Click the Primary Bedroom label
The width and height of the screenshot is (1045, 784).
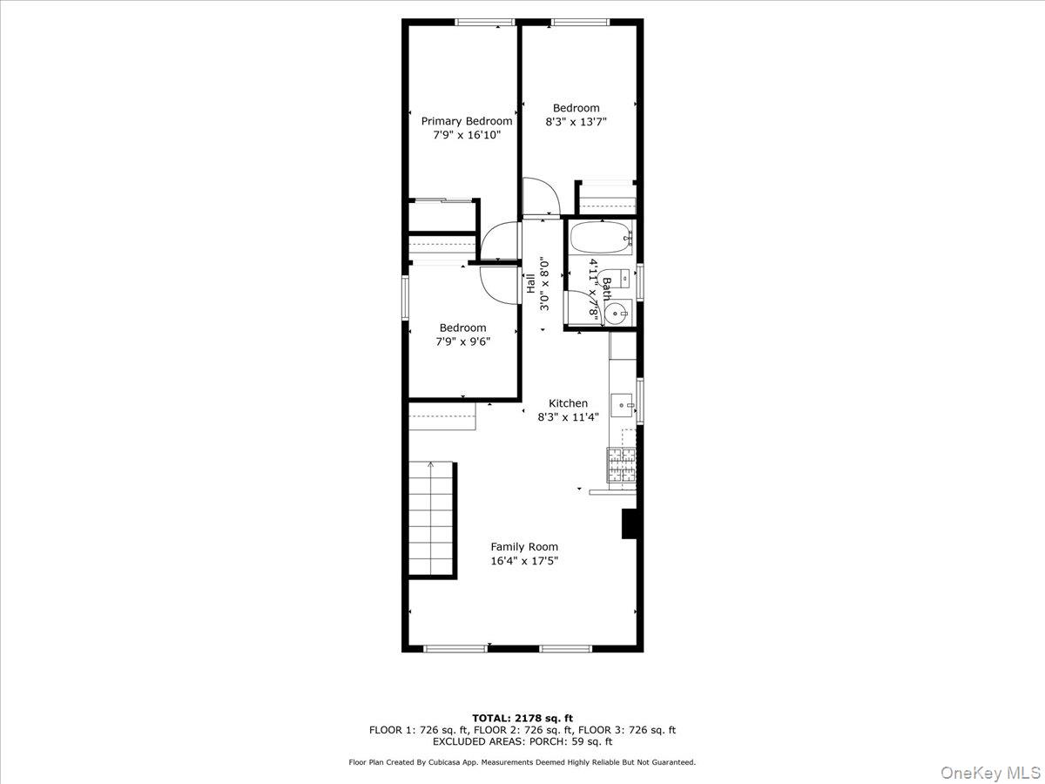click(x=467, y=121)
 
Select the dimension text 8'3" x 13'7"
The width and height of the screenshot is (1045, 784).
click(x=576, y=123)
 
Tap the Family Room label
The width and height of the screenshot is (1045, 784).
click(x=524, y=547)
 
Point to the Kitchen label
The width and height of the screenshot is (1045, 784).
click(x=568, y=403)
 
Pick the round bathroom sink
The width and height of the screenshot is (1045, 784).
click(x=618, y=312)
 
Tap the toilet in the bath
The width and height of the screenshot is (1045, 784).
click(x=620, y=279)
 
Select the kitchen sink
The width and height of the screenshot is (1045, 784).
click(x=622, y=403)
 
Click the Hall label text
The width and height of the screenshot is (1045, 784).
click(x=529, y=284)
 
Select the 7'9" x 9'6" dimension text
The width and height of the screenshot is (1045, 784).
click(x=463, y=341)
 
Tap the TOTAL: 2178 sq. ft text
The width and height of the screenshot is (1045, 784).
click(x=522, y=719)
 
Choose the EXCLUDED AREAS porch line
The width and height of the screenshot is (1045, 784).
click(x=522, y=741)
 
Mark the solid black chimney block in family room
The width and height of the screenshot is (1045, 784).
click(x=630, y=524)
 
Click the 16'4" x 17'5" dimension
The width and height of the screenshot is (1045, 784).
click(x=524, y=561)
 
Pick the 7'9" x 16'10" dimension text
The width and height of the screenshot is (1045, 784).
click(x=467, y=135)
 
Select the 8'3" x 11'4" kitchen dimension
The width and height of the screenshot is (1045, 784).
click(x=568, y=417)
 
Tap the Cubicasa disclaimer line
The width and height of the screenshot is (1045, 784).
click(x=522, y=762)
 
